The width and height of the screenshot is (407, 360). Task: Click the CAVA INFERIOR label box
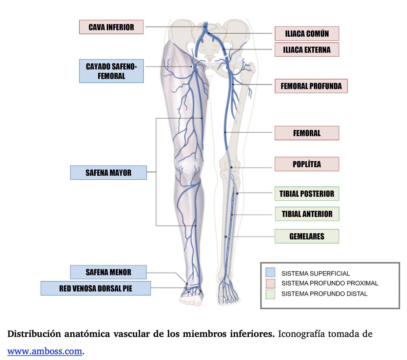(x=111, y=27)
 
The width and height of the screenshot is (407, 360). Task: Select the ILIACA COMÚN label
(x=307, y=34)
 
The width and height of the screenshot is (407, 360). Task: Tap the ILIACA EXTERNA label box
(x=307, y=49)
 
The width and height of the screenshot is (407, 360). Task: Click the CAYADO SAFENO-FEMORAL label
(x=111, y=71)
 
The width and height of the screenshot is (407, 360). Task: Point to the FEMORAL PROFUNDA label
(x=311, y=86)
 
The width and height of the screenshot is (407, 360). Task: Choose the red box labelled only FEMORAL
(x=307, y=133)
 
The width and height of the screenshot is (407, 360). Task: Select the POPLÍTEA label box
(x=307, y=164)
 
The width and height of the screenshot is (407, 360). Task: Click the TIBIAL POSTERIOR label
(x=307, y=194)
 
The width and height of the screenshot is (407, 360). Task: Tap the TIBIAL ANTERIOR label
(x=307, y=214)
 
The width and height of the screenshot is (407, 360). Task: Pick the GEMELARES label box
(x=307, y=236)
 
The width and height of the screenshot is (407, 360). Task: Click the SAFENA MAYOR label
(x=108, y=173)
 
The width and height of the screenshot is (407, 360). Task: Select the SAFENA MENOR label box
(x=108, y=272)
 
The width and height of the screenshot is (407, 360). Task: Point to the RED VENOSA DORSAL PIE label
(x=96, y=288)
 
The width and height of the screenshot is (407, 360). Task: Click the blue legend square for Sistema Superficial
(x=270, y=273)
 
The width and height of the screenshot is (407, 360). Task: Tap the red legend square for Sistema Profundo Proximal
(x=270, y=283)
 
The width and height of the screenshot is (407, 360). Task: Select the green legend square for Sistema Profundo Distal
(x=270, y=294)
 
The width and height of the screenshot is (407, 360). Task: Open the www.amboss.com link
(x=45, y=351)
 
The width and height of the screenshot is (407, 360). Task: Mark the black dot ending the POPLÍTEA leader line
(x=231, y=167)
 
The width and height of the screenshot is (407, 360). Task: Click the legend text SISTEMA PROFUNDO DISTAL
(x=324, y=294)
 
